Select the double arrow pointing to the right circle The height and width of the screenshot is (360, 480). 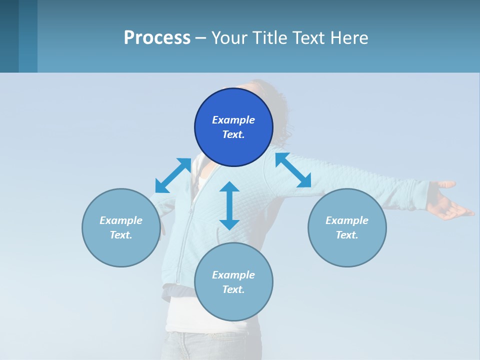tap(293, 170)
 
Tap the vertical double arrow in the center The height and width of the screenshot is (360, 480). tap(229, 205)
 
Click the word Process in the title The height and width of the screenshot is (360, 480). tap(157, 38)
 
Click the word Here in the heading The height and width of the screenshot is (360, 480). tap(350, 38)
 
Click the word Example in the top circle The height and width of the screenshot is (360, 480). tap(233, 120)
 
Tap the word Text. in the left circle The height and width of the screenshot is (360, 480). tap(121, 235)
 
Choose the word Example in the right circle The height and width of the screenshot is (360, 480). tap(347, 220)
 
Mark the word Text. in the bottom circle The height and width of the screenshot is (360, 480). tap(233, 289)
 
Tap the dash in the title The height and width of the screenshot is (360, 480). tap(201, 38)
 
